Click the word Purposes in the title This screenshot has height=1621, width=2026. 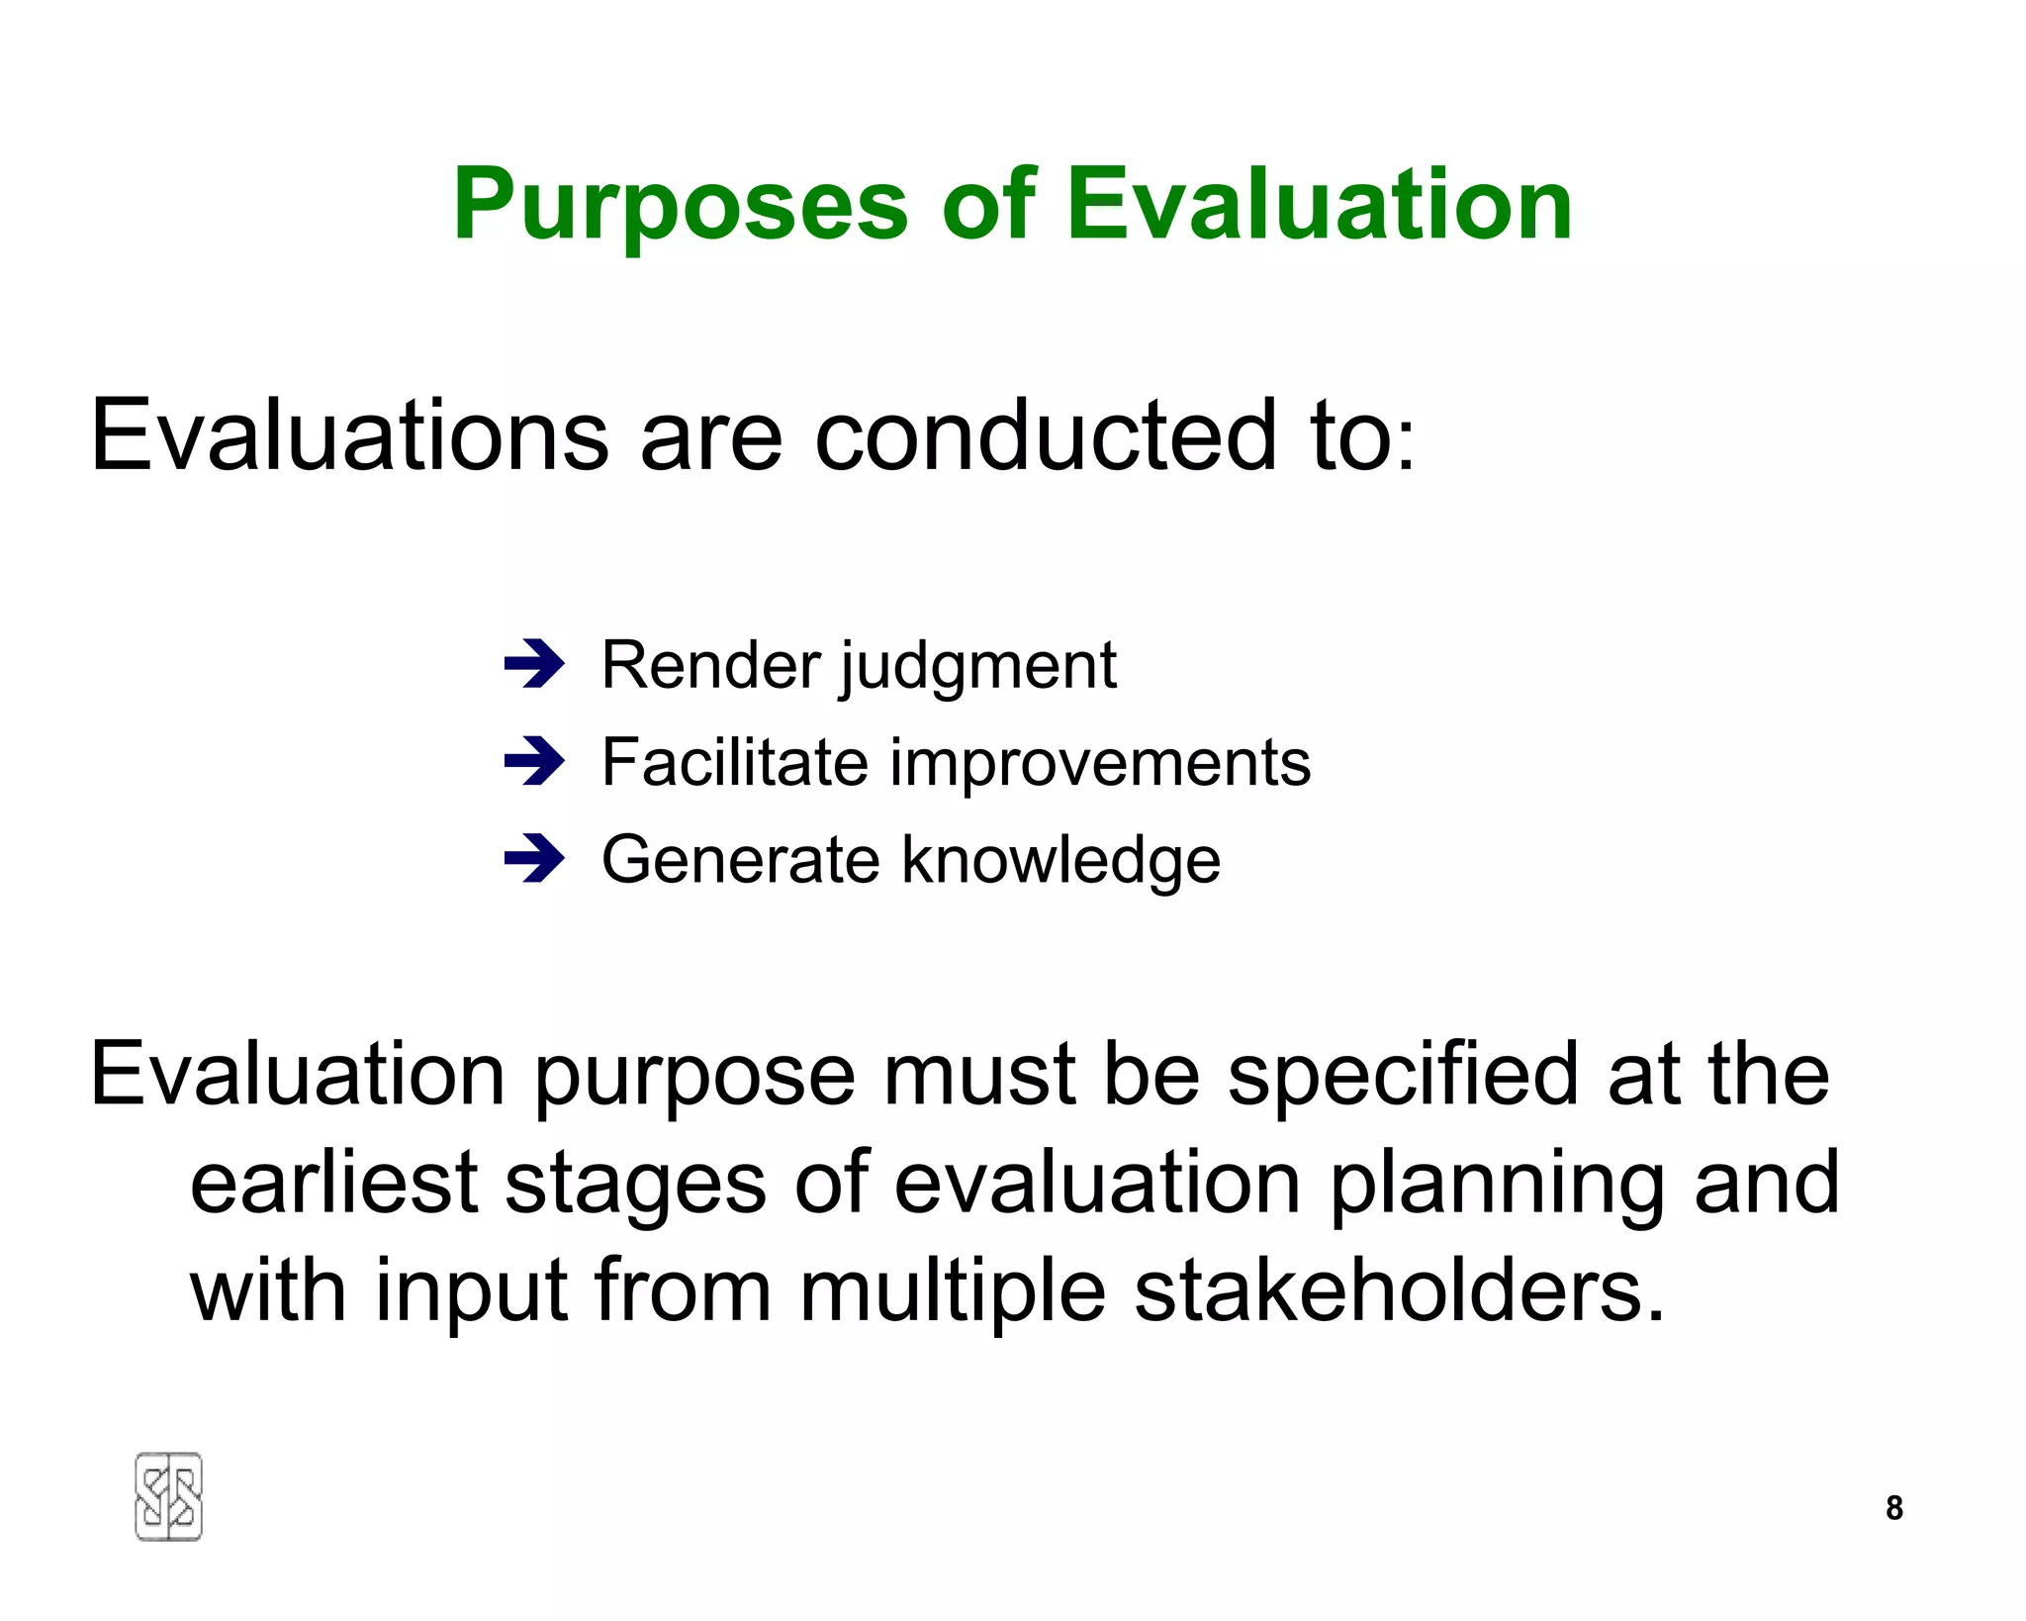(680, 205)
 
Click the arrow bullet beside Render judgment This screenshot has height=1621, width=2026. (533, 664)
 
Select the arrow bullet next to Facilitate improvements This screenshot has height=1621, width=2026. (533, 762)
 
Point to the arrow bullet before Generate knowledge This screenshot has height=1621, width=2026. (533, 859)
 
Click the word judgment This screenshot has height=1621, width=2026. (977, 666)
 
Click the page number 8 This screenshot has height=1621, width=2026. (1893, 1507)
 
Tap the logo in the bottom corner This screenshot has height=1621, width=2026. (168, 1496)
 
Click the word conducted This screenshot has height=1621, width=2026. (1045, 435)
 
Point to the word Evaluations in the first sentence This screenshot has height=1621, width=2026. (349, 435)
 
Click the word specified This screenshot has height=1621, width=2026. (1403, 1076)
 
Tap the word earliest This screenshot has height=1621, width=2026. (333, 1184)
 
